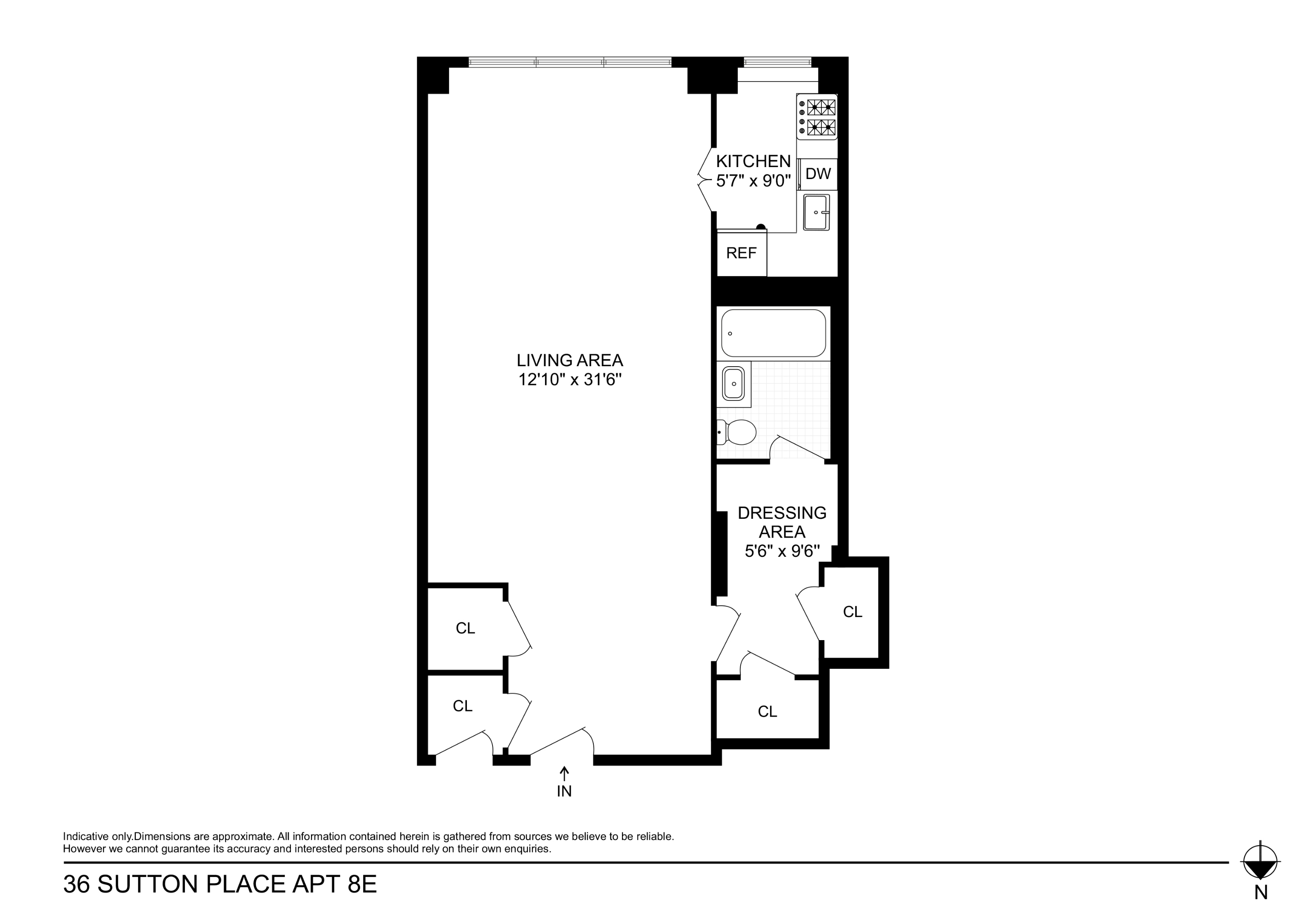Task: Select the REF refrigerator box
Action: coord(741,253)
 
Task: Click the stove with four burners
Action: coord(817,117)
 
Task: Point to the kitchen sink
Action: coord(816,212)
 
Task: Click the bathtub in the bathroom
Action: coord(773,333)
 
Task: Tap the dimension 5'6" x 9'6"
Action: coord(782,551)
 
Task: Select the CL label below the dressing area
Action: coord(767,711)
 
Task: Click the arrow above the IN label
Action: coord(564,774)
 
